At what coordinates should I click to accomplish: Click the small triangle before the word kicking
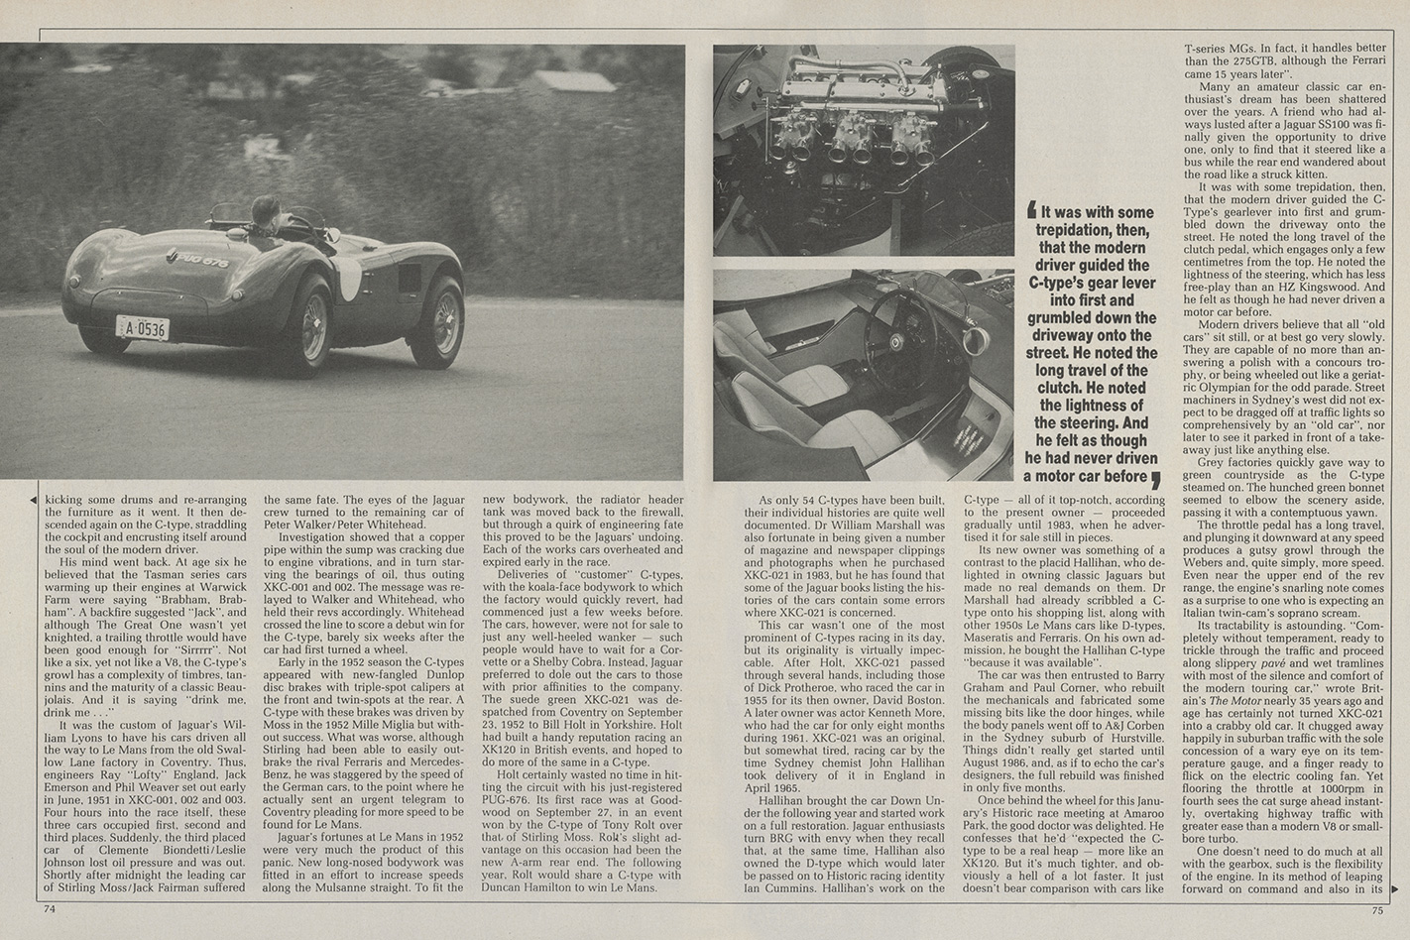(37, 501)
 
